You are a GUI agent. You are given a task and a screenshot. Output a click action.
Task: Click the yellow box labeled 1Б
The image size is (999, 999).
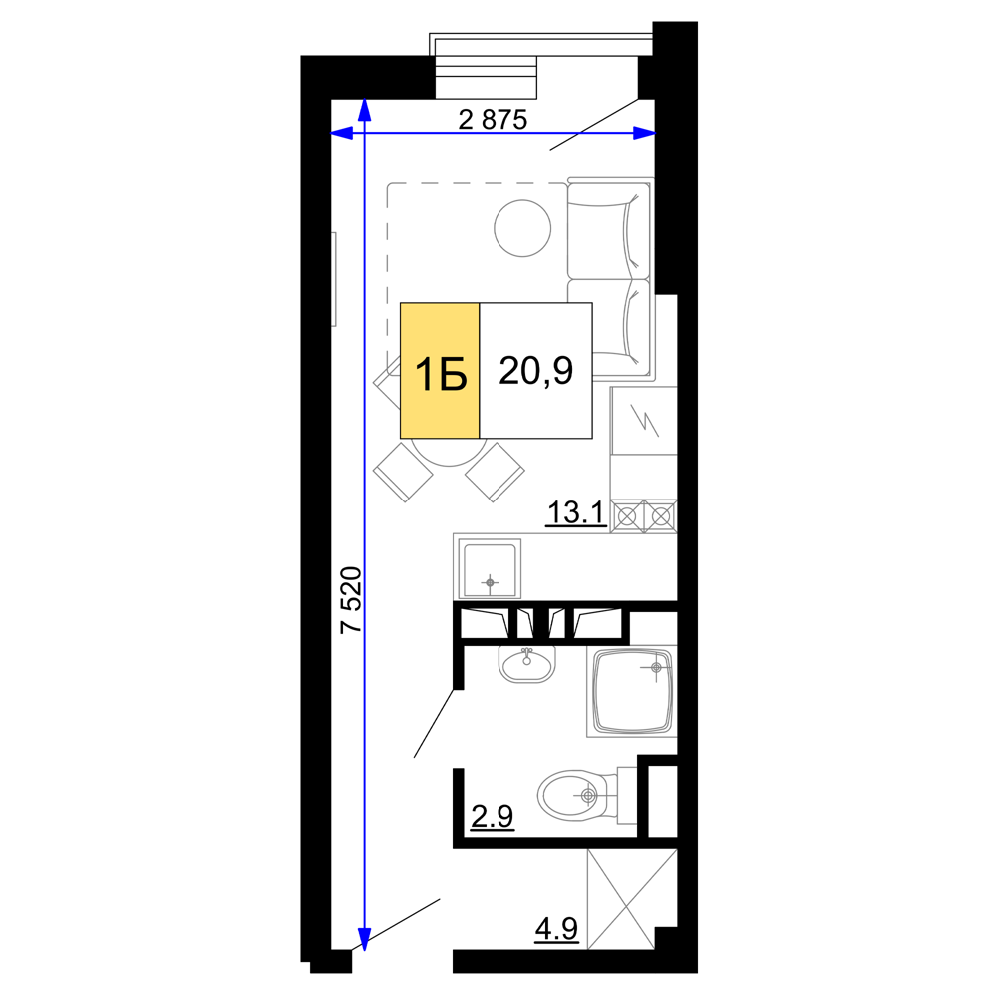coord(440,371)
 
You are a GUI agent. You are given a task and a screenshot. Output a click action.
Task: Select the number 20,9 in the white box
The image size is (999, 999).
coord(535,371)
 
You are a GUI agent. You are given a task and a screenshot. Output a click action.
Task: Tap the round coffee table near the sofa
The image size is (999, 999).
coord(521,229)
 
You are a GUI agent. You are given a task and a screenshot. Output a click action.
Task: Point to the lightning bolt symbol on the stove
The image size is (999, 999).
coord(646,420)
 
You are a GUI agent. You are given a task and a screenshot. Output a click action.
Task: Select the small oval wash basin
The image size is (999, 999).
coord(526,664)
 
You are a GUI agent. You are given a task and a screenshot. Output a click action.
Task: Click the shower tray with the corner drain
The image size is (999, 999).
coord(631,692)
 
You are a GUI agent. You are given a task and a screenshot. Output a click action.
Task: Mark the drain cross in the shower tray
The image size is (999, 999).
coord(656,666)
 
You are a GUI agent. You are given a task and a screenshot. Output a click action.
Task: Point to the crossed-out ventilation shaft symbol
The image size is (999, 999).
coord(629,898)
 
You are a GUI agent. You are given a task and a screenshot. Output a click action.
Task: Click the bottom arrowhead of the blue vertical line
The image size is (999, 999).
coord(365,939)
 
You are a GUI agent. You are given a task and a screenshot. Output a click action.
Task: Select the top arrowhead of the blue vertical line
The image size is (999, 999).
coord(365,110)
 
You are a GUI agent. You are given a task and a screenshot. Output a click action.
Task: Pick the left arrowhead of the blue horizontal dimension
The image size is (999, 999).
coord(342,133)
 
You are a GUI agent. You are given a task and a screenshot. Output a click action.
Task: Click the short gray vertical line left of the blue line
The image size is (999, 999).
coord(334,279)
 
